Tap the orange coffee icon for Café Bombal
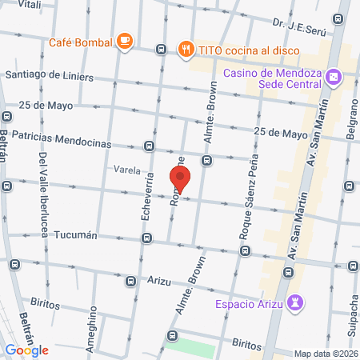(124, 40)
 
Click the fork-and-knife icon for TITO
(186, 48)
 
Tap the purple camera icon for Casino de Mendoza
(334, 78)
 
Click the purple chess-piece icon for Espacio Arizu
(296, 303)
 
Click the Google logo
(27, 350)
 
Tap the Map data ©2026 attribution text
(324, 353)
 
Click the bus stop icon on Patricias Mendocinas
(149, 146)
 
